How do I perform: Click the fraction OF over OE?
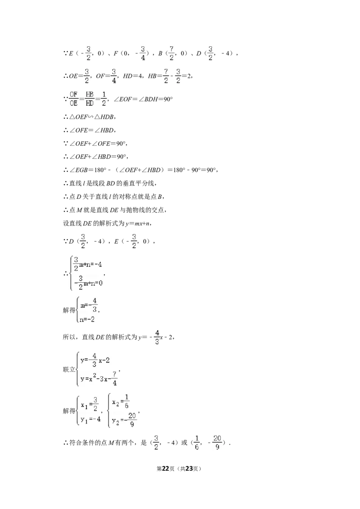coord(73,98)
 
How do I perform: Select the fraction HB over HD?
coord(90,98)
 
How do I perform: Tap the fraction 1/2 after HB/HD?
coord(104,98)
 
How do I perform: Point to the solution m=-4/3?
coord(88,304)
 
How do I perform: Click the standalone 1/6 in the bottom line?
coord(196,442)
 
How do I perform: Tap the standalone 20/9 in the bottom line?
coord(217,442)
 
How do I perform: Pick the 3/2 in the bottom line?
coord(156,442)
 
